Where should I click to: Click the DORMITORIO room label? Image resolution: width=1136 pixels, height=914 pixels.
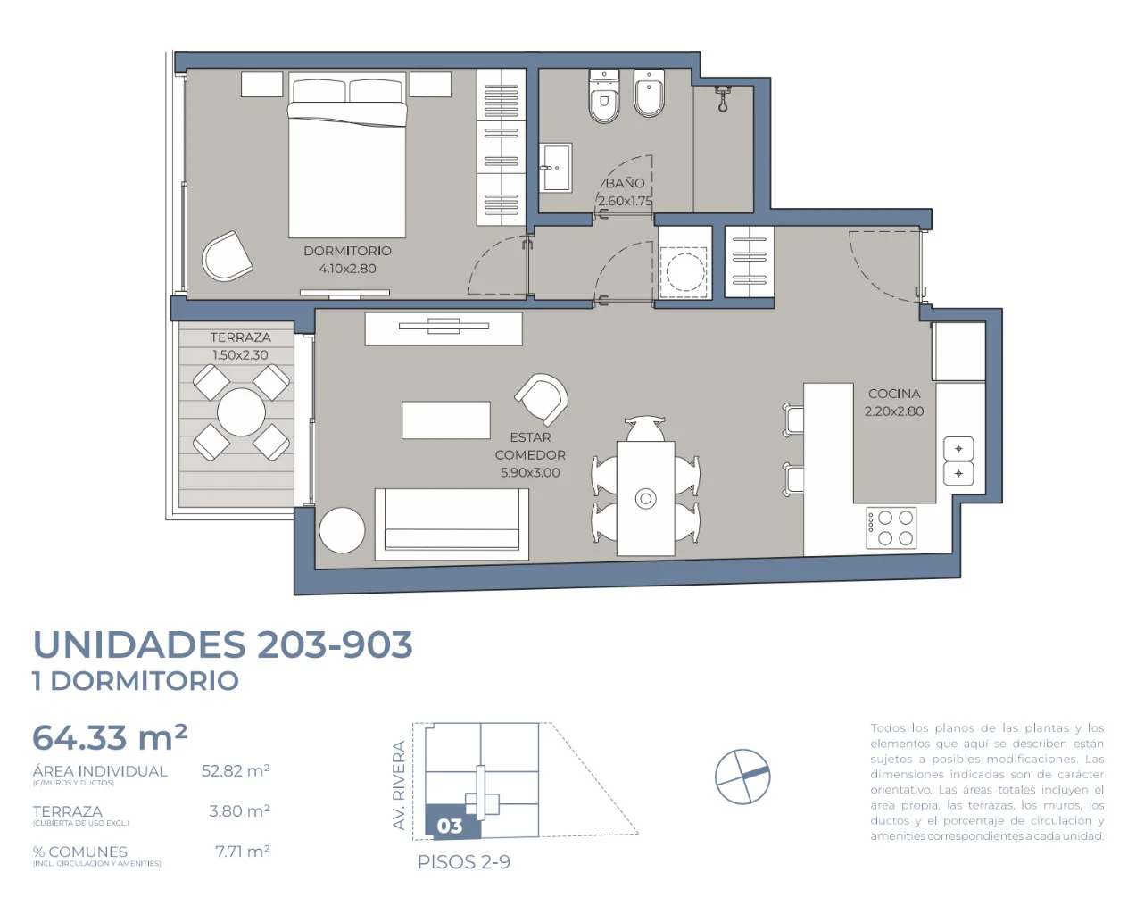click(x=347, y=251)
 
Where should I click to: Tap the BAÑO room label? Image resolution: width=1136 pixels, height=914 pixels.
click(x=625, y=183)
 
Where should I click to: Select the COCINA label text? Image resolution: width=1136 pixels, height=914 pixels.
click(x=894, y=394)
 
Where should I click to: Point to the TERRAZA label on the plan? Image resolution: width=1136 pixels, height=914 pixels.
click(x=240, y=337)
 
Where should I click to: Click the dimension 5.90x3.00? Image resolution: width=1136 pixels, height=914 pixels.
click(x=530, y=472)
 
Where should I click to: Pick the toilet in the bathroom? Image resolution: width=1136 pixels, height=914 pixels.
click(x=604, y=96)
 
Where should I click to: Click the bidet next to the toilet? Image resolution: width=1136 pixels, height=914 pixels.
click(x=649, y=94)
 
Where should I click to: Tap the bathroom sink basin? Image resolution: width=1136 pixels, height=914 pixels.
click(x=555, y=168)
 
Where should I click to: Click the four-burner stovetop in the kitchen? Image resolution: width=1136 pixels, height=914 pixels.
click(x=891, y=528)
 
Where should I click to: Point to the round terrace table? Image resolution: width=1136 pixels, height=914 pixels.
click(x=241, y=412)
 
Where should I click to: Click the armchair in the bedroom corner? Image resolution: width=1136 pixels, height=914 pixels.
click(x=227, y=255)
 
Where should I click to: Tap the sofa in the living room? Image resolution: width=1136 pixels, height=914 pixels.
click(x=452, y=524)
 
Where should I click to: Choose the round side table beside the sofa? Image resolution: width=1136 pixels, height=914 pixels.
click(x=342, y=530)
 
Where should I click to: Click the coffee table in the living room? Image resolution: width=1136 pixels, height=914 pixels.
click(x=446, y=420)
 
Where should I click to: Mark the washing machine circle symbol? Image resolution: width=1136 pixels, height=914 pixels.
click(x=685, y=272)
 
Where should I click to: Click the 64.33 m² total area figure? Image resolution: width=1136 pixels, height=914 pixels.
click(x=110, y=737)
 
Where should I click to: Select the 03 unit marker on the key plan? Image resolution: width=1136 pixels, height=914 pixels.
click(x=450, y=826)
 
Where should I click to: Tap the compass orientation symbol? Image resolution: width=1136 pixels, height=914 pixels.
click(x=742, y=777)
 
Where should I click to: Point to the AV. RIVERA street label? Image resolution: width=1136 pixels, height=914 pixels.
click(x=399, y=785)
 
